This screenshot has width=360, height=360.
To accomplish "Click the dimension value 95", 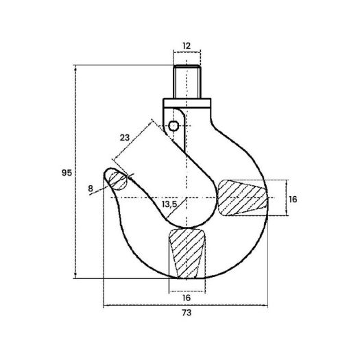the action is (x=67, y=173).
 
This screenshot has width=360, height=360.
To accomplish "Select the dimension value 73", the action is (x=187, y=313).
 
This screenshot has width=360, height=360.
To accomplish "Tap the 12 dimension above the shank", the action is (x=187, y=46).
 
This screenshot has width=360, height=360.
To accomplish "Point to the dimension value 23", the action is (x=125, y=138).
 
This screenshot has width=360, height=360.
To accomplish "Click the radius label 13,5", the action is (x=169, y=204).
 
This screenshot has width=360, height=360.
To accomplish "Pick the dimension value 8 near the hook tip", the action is (x=91, y=189).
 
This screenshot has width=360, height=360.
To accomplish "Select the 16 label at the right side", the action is (x=293, y=200).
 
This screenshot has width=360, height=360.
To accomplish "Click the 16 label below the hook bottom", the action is (x=187, y=298).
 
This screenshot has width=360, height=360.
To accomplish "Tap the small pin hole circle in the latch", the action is (x=173, y=125).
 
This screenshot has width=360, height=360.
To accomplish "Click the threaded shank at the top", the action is (x=187, y=82).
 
